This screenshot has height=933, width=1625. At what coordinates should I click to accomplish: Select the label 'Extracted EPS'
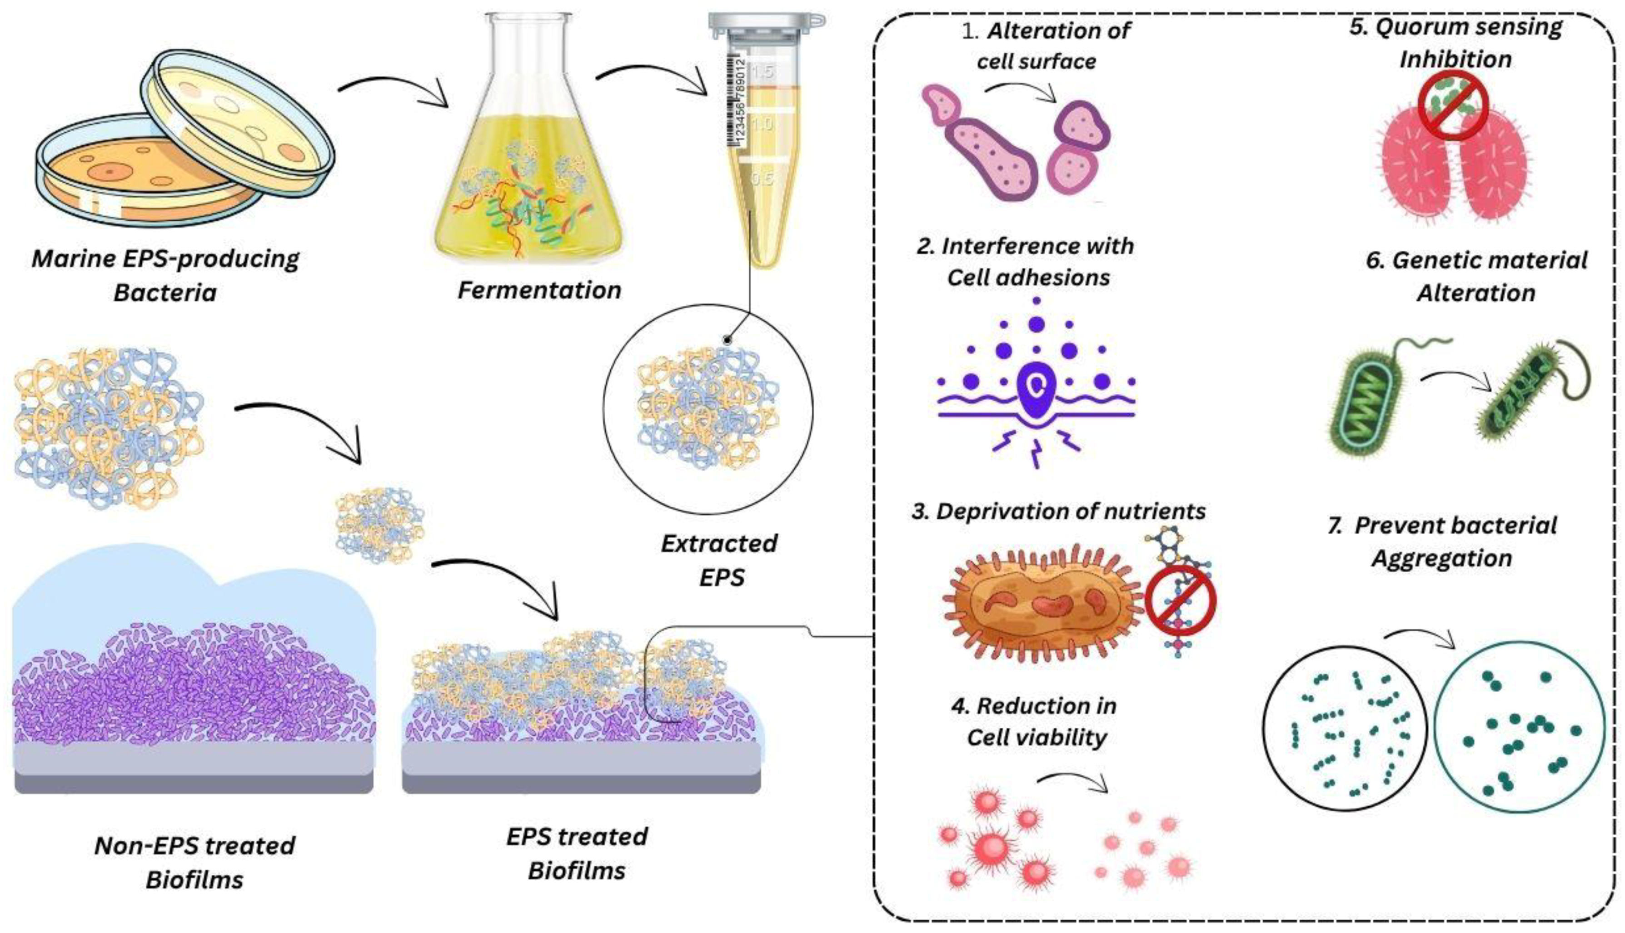719,560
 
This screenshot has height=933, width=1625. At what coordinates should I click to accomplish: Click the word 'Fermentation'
539,290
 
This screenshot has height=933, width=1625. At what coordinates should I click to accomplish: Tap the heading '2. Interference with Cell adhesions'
1026,262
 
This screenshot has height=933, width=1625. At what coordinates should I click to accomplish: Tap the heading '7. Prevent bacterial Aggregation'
1442,541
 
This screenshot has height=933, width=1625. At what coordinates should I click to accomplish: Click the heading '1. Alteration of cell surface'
1045,45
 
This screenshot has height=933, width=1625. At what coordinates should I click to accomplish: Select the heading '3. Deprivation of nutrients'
1058,511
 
